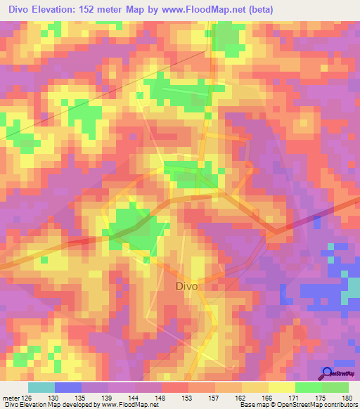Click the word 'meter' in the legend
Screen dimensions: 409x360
11,397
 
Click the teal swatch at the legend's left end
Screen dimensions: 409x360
41,387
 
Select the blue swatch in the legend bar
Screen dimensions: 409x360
68,387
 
